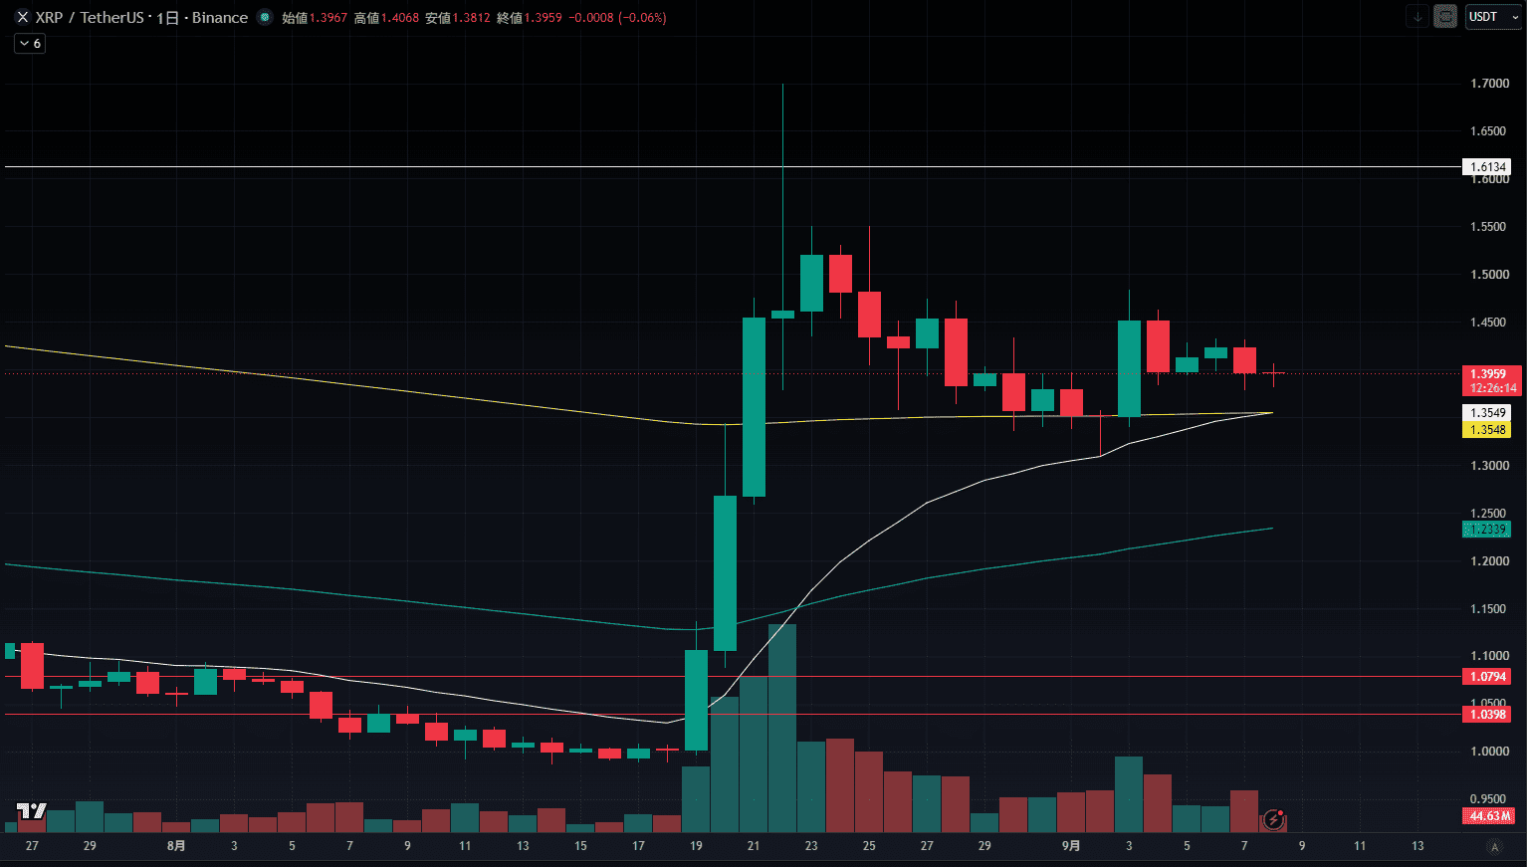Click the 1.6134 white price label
click(x=1486, y=167)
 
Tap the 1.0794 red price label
click(x=1486, y=677)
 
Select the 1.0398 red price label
click(x=1486, y=715)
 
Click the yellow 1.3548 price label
click(x=1486, y=429)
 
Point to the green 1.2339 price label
click(x=1486, y=529)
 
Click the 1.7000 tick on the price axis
click(x=1489, y=84)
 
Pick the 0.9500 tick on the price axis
click(x=1489, y=799)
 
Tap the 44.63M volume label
click(x=1487, y=816)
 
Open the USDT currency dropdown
click(x=1493, y=17)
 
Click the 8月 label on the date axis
click(x=176, y=846)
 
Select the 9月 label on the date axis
click(x=1071, y=846)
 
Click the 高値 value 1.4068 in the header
click(x=399, y=18)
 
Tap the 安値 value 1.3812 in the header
click(x=471, y=18)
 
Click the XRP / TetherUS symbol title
click(x=90, y=18)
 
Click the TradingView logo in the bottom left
click(x=32, y=811)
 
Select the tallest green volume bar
click(x=781, y=728)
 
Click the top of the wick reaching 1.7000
click(x=782, y=84)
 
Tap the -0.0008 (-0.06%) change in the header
click(x=617, y=18)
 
